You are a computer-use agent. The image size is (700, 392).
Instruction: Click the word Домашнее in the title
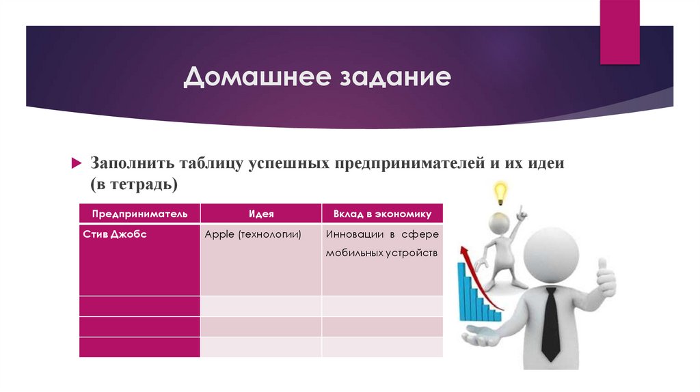[253, 76]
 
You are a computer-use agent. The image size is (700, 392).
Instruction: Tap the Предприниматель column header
[139, 214]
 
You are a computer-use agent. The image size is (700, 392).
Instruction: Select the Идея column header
[261, 214]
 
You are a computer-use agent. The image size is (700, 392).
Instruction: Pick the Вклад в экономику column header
[382, 214]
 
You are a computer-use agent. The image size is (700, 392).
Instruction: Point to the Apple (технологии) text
[253, 234]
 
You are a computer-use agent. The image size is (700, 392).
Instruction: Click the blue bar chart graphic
[478, 294]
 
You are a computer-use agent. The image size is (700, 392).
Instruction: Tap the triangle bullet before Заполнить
[77, 165]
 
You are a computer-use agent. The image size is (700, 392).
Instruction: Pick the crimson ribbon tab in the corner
[620, 31]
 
